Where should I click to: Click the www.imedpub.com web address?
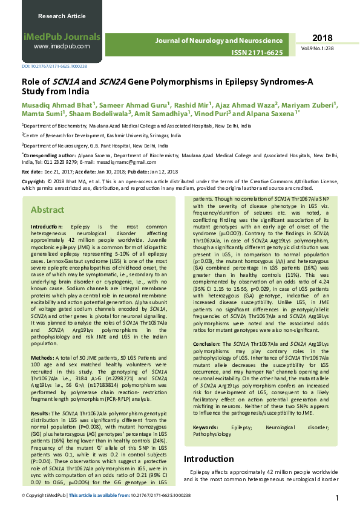62,46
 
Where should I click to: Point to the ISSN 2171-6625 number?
257,53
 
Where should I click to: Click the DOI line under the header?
54,66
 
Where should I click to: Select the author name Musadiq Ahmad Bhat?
58,104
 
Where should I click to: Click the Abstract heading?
47,210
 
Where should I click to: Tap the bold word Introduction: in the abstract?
50,226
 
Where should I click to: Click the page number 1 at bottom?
337,498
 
